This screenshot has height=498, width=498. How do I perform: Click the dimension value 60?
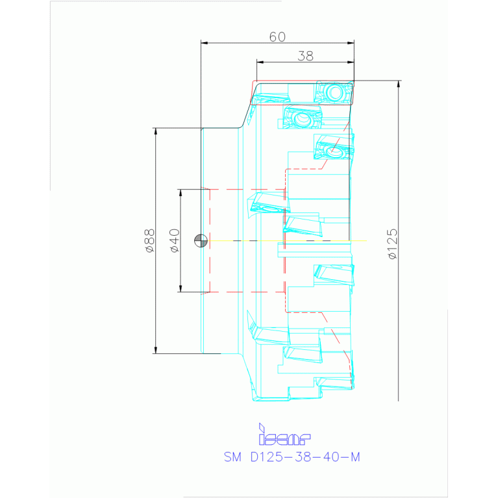[277, 37]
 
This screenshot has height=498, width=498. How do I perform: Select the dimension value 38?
[305, 56]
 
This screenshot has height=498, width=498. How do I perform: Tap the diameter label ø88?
[149, 240]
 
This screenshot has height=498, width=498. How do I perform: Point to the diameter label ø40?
[175, 240]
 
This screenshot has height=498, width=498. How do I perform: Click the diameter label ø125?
[393, 243]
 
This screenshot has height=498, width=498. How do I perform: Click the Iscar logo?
[284, 434]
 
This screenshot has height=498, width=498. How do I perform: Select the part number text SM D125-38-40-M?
[292, 457]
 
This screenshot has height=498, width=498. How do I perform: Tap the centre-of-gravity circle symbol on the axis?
[201, 241]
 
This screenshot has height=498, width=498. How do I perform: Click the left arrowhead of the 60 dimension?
[205, 43]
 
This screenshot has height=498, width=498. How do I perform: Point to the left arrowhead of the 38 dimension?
[260, 62]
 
